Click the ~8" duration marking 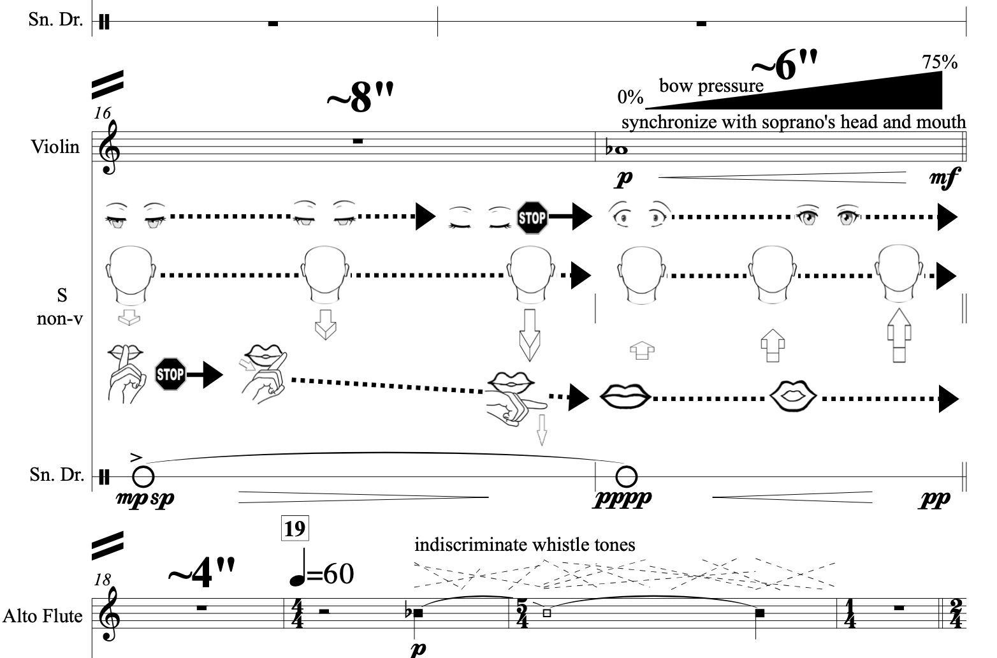[360, 99]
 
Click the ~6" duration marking [784, 65]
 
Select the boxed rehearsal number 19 [295, 529]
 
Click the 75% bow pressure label [940, 62]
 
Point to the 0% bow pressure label [630, 97]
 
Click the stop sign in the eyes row [532, 217]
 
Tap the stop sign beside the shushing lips [170, 374]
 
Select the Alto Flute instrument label [43, 616]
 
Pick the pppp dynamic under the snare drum [623, 498]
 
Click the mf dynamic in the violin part [943, 179]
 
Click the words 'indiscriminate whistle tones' [525, 545]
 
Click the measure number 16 [102, 113]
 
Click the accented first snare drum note [143, 476]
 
